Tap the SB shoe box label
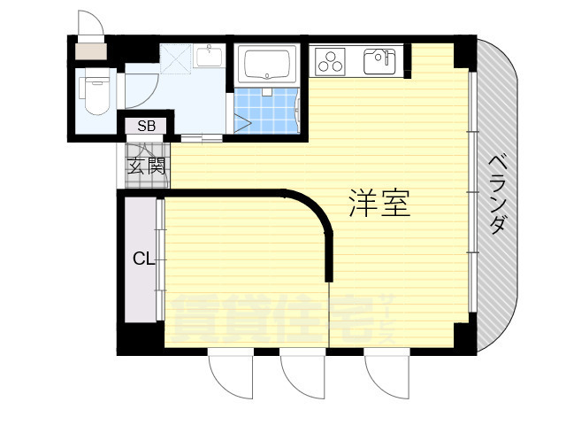coord(147,126)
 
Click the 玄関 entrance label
coord(147,166)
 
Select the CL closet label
coord(143,259)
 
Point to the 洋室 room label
coord(379,203)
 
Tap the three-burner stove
coord(330,61)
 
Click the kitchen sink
coord(379,61)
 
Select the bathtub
coord(267,65)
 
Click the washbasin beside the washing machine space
coord(210,55)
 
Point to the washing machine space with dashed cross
coord(175,58)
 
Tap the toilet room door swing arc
coord(141,90)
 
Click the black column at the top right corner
coord(465,51)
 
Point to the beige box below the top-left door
coord(91,51)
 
